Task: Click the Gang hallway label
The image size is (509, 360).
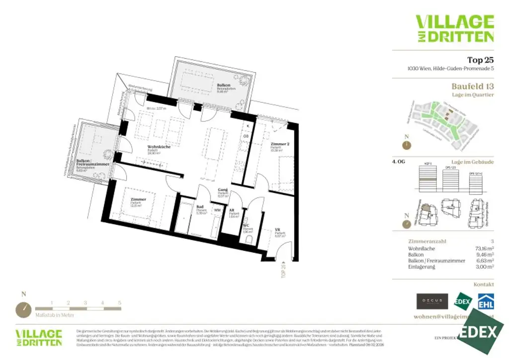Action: [223, 190]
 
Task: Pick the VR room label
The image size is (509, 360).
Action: [277, 230]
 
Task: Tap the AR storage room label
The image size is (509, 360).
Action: [231, 211]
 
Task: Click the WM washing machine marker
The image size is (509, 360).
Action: [217, 210]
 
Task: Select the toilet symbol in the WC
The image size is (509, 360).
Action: [248, 240]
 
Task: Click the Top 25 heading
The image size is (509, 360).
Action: [480, 60]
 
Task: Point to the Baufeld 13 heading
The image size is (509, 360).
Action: [472, 86]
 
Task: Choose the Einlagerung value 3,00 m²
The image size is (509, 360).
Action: [484, 267]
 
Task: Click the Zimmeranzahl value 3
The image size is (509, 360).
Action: [492, 241]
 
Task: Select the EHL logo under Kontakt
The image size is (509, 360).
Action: [486, 301]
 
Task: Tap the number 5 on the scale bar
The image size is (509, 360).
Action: [120, 302]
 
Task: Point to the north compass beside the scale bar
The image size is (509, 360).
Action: [23, 309]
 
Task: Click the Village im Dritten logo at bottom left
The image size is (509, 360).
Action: [39, 338]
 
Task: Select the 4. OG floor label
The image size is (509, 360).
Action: [399, 162]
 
